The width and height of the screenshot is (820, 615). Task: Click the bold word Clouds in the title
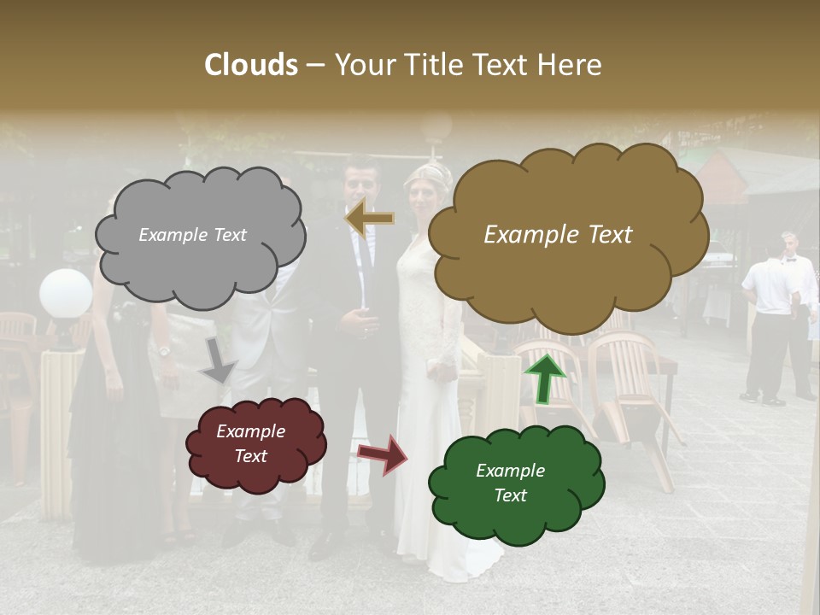click(x=251, y=65)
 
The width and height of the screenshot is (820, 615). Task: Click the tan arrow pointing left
click(x=369, y=218)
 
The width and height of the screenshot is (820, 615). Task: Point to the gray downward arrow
click(x=218, y=360)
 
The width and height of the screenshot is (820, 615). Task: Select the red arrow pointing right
click(x=382, y=454)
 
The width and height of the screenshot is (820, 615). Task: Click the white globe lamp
click(x=66, y=294)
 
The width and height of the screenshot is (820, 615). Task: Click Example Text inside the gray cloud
click(x=192, y=235)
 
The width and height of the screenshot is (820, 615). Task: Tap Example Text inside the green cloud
click(x=510, y=483)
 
